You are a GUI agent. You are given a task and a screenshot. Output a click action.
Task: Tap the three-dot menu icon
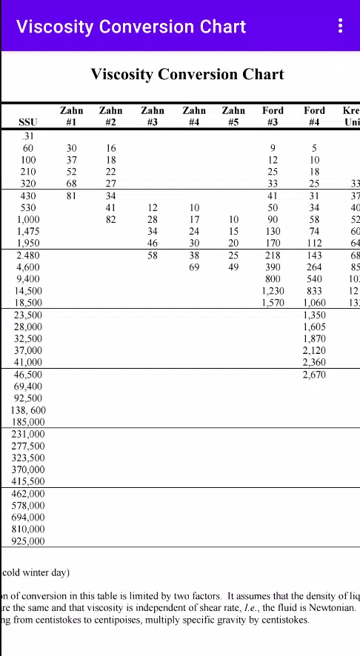coord(340,27)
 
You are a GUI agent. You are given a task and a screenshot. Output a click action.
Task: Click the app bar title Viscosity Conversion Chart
coord(131,27)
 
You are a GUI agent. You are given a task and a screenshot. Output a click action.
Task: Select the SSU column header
coord(27,122)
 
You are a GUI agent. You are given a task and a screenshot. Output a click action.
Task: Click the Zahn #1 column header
coord(71,116)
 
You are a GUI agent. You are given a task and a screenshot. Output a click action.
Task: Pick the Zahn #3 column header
coord(153,116)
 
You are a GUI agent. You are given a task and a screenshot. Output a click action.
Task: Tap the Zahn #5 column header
coord(233,116)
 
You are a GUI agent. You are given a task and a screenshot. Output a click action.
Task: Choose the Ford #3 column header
coord(273,116)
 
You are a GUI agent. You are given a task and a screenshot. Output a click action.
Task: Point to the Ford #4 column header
coord(314,116)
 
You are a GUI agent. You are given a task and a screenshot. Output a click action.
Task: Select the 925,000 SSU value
coord(28,541)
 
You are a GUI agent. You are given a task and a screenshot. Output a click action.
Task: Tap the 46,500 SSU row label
coord(28,375)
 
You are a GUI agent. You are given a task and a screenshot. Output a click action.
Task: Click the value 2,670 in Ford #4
coord(314,375)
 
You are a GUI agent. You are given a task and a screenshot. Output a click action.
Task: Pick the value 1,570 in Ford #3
coord(273,303)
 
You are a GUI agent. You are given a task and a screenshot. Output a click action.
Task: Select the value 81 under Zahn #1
coord(71,196)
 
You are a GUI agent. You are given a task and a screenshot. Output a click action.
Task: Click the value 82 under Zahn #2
coord(110,220)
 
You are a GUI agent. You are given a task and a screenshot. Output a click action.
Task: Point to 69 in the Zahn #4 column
coord(194,267)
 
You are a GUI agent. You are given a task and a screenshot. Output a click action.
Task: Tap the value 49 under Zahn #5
coord(233,267)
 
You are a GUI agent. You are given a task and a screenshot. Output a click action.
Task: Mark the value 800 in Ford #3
coord(273,279)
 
